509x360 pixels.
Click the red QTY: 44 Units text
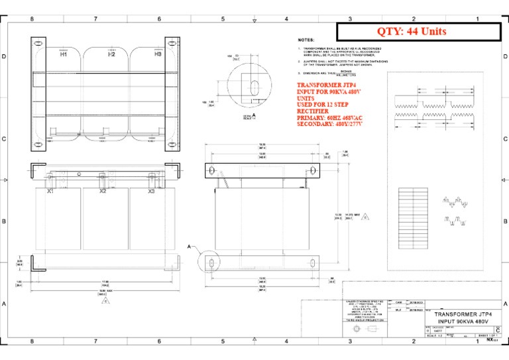[412, 31]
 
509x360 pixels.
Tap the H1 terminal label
[64, 55]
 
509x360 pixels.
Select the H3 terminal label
[158, 55]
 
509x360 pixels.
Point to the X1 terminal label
[50, 192]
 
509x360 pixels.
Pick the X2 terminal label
[103, 192]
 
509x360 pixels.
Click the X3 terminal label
[151, 192]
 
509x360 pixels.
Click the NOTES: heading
[306, 40]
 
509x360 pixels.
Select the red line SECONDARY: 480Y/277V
[334, 124]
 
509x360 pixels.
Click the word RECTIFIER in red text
[313, 112]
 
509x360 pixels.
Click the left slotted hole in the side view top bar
[211, 171]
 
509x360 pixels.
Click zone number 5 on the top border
[223, 19]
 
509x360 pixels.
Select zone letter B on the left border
[5, 221]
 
